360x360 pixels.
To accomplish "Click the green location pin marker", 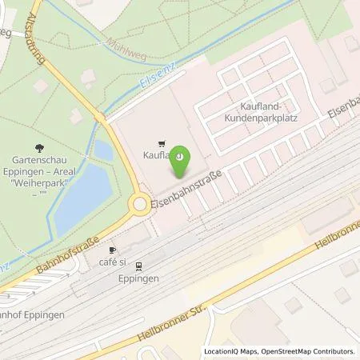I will pyautogui.click(x=181, y=162).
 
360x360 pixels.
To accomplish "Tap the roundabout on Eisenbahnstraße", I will pyautogui.click(x=141, y=205).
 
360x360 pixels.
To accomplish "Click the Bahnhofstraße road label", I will pyautogui.click(x=67, y=249).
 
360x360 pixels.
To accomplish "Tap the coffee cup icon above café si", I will pyautogui.click(x=113, y=250).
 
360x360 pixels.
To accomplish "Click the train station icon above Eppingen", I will pyautogui.click(x=138, y=266).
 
